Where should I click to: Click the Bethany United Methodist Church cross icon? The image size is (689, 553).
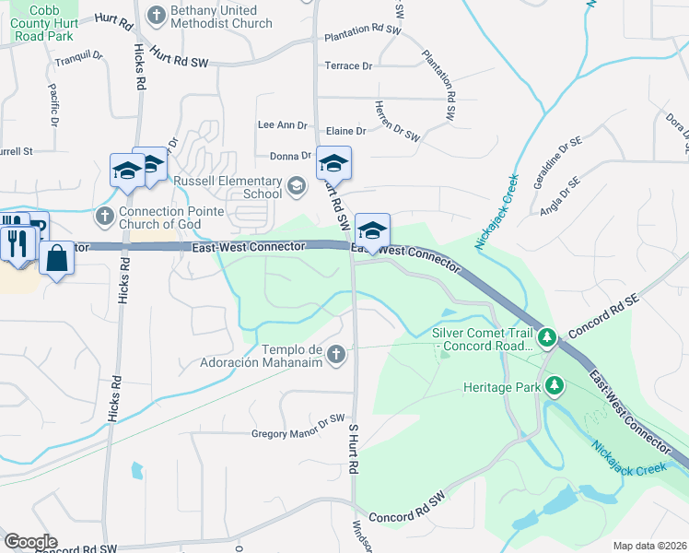[x=157, y=14]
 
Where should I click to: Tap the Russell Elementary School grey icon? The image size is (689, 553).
[x=296, y=187]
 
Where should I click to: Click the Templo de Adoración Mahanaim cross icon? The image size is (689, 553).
[x=337, y=354]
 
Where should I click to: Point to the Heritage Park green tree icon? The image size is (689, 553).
[x=554, y=385]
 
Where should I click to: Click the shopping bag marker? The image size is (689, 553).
[x=56, y=260]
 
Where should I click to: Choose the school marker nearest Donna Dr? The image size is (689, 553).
[x=333, y=164]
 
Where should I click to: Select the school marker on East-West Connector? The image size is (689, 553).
[x=372, y=231]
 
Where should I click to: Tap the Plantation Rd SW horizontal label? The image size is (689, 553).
[x=364, y=31]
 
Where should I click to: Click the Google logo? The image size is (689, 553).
[x=29, y=542]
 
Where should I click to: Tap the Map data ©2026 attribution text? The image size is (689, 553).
[x=648, y=546]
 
